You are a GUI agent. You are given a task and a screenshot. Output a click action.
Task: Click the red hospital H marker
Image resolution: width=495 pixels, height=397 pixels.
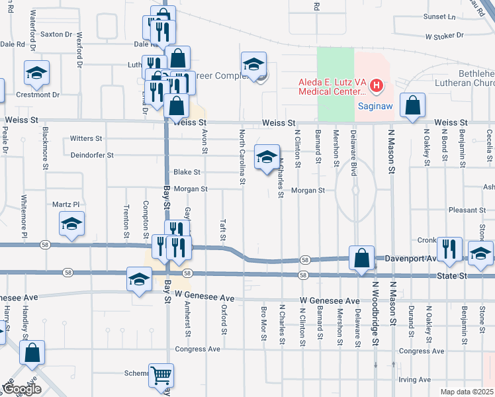(x=377, y=85)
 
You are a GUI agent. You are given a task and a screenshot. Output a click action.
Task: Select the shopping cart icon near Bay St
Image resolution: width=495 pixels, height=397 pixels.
(x=161, y=376)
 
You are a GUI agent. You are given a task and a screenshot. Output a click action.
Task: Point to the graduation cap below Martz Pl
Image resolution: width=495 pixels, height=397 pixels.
(x=71, y=224)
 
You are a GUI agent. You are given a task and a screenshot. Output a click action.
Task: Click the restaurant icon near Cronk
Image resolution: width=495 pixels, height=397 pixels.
(x=449, y=249)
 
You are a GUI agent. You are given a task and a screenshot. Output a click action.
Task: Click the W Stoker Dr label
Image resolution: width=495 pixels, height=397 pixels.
(x=446, y=37)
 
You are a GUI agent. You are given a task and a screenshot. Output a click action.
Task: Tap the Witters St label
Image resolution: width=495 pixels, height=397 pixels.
(x=86, y=139)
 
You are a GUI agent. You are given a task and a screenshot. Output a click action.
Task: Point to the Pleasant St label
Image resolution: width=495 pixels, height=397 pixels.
(x=467, y=210)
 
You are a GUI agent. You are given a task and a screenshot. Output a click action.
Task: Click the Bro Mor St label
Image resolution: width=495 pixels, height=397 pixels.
(x=264, y=322)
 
